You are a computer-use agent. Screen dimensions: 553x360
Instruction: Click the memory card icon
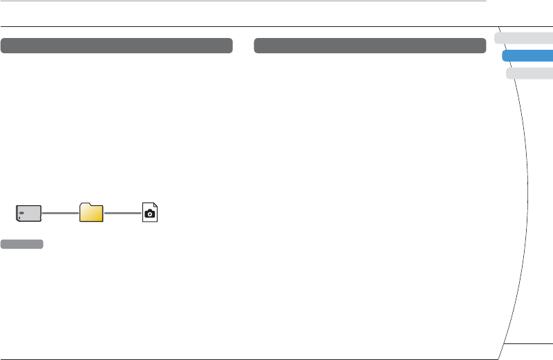(30, 213)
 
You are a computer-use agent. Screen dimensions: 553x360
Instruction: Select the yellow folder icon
(91, 213)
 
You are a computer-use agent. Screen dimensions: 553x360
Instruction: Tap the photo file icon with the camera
(149, 213)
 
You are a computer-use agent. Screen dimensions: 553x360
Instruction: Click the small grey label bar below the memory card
(22, 244)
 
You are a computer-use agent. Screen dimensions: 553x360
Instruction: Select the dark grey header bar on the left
(116, 46)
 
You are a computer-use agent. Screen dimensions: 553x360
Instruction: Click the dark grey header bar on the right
(370, 46)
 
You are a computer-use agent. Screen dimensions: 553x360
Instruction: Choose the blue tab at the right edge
(528, 57)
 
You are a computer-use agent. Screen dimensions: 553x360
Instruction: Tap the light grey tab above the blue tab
(524, 39)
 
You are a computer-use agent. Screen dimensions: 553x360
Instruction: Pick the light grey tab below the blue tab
(530, 74)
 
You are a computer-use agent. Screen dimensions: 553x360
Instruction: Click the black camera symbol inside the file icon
(149, 215)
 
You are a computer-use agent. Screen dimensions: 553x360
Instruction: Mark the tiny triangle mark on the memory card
(19, 218)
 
